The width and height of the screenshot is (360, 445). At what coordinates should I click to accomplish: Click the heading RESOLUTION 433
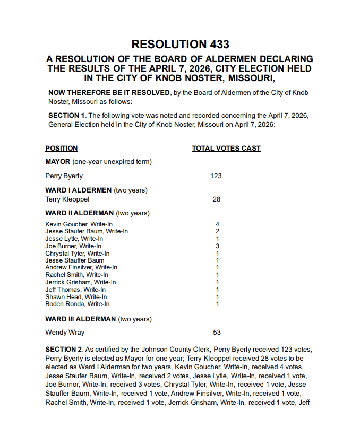pyautogui.click(x=180, y=45)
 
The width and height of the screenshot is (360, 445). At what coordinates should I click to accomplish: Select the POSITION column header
pyautogui.click(x=62, y=149)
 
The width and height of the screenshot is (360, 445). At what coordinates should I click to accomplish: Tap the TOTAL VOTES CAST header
pyautogui.click(x=226, y=149)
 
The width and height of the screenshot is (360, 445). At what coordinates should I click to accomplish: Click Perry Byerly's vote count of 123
pyautogui.click(x=216, y=176)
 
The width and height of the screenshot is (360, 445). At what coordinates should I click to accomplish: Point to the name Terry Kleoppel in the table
pyautogui.click(x=67, y=199)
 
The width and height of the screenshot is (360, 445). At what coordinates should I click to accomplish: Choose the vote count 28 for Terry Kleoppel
pyautogui.click(x=216, y=199)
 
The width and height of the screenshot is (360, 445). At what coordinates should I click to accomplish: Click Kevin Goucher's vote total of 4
pyautogui.click(x=217, y=224)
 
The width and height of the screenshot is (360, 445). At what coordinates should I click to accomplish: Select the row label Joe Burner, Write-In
pyautogui.click(x=73, y=246)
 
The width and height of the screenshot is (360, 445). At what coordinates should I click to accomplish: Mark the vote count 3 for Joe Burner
pyautogui.click(x=217, y=246)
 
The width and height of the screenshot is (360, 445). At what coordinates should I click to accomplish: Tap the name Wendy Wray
pyautogui.click(x=65, y=333)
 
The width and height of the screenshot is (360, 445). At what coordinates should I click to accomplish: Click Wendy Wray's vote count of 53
pyautogui.click(x=217, y=333)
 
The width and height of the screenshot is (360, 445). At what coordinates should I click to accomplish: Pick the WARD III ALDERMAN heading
pyautogui.click(x=80, y=319)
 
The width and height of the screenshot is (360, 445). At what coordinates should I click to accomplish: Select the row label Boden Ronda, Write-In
pyautogui.click(x=78, y=304)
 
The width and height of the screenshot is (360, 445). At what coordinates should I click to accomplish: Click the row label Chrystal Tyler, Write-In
pyautogui.click(x=78, y=254)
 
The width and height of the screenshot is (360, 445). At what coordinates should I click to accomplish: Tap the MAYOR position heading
pyautogui.click(x=58, y=162)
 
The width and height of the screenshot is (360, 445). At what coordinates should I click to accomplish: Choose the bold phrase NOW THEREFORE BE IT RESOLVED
pyautogui.click(x=109, y=93)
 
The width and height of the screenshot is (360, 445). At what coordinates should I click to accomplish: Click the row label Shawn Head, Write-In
pyautogui.click(x=76, y=297)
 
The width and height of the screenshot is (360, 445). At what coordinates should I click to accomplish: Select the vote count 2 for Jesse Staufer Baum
pyautogui.click(x=217, y=231)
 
